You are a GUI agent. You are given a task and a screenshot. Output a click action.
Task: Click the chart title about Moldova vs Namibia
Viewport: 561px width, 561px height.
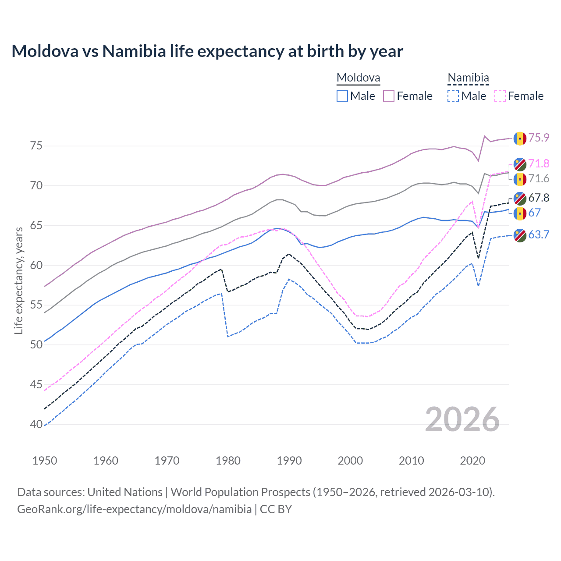(x=207, y=51)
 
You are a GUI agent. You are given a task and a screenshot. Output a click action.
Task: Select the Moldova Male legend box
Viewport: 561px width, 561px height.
(x=342, y=96)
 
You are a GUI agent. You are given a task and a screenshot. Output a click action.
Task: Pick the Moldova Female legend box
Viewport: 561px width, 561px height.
(x=389, y=96)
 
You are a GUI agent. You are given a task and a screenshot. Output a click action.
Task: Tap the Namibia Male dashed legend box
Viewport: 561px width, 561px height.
(x=453, y=96)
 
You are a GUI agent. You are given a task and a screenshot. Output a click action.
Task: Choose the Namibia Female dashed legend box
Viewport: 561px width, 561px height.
(x=500, y=96)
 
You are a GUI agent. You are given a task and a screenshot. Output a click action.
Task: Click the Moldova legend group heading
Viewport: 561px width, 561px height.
(x=358, y=78)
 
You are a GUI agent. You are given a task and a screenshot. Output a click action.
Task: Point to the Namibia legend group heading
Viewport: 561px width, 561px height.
(x=468, y=78)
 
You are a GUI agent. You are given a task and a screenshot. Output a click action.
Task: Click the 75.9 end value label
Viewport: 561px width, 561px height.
(x=539, y=138)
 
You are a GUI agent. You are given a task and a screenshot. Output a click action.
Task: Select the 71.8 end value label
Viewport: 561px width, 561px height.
(x=539, y=164)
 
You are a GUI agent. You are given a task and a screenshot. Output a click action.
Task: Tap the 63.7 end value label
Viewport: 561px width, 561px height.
(x=539, y=235)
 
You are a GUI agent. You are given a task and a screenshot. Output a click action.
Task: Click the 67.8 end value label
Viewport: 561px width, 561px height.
(x=539, y=198)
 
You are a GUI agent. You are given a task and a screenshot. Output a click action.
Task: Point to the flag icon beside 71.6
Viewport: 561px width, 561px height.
(x=520, y=179)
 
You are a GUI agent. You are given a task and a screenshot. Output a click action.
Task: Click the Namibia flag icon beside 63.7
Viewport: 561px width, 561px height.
(x=520, y=235)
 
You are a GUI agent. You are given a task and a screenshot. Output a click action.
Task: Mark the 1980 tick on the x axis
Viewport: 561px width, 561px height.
(x=228, y=461)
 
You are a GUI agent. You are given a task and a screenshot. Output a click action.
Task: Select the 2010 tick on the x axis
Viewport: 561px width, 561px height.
(x=411, y=461)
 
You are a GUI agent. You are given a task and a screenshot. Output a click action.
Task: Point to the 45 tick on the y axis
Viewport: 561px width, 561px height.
(x=36, y=385)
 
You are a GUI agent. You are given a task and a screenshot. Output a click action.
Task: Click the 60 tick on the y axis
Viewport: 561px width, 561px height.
(x=36, y=265)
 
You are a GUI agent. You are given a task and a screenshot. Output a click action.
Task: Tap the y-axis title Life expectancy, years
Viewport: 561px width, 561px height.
(x=19, y=280)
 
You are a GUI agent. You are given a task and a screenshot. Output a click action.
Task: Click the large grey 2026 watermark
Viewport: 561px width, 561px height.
(x=462, y=420)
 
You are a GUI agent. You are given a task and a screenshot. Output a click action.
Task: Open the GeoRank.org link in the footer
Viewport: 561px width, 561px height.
(x=134, y=509)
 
